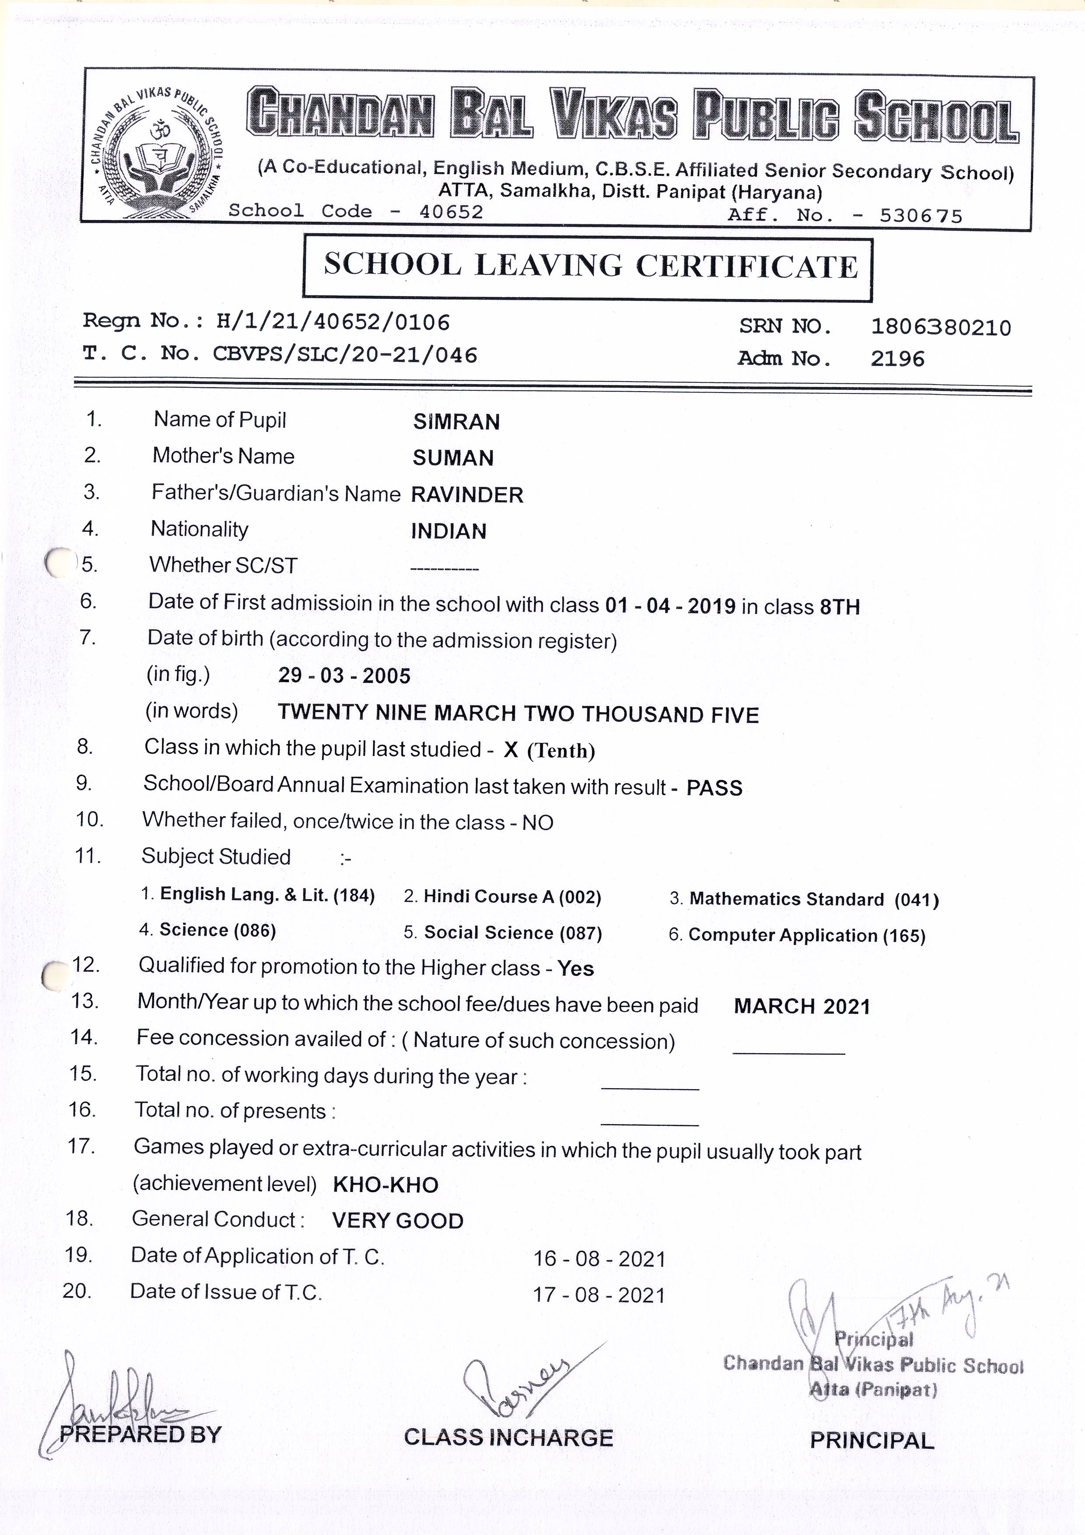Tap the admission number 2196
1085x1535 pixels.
click(x=897, y=359)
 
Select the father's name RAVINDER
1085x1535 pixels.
click(x=467, y=495)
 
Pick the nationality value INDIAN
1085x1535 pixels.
click(x=448, y=532)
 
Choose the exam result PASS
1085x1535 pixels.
click(x=714, y=788)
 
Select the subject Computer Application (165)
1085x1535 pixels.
click(x=806, y=935)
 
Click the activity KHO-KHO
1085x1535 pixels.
click(x=385, y=1185)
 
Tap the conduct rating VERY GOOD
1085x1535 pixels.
click(x=397, y=1221)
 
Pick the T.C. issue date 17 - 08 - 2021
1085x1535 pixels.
click(x=598, y=1295)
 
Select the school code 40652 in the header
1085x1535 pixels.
click(x=451, y=212)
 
